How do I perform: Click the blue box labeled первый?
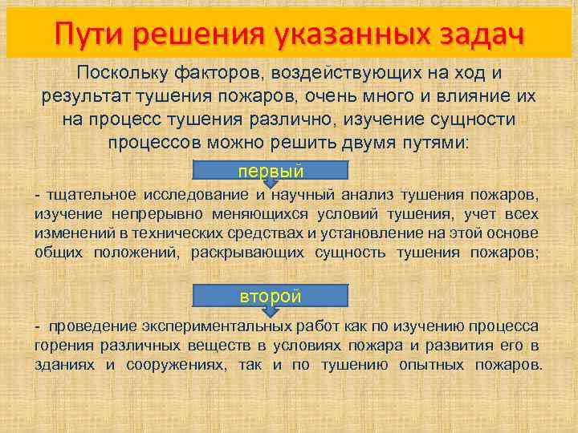tap(271, 170)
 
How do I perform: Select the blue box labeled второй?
tap(271, 296)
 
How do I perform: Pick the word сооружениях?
tap(175, 364)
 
